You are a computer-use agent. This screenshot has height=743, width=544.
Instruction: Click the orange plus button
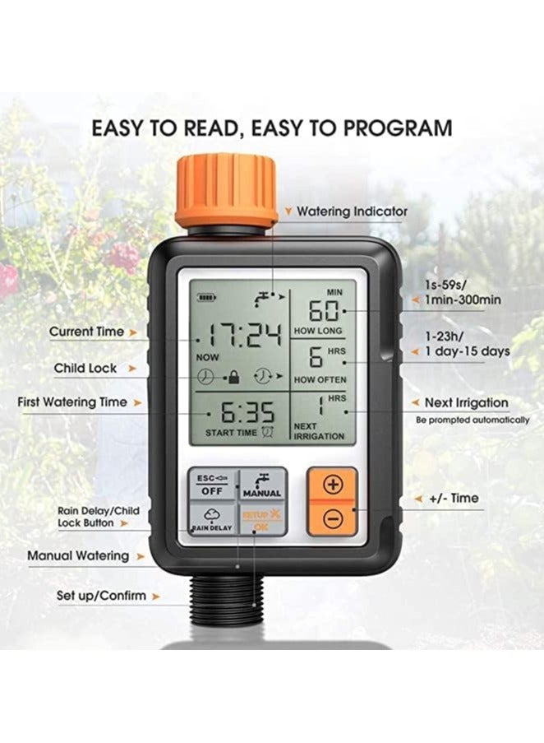333,485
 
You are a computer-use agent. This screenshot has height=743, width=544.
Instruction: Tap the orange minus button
333,518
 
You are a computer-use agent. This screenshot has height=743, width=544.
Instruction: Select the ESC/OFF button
212,484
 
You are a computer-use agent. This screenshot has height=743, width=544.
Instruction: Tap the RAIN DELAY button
212,520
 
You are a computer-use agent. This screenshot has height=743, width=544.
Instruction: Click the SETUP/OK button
263,520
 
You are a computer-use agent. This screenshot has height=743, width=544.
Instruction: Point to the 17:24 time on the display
244,334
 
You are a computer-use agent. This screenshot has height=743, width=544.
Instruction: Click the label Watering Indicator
352,211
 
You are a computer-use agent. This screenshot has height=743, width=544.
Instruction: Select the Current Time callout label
86,332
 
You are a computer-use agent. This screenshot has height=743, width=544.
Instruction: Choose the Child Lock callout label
85,368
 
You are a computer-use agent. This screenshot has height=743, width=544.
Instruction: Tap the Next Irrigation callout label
466,402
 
